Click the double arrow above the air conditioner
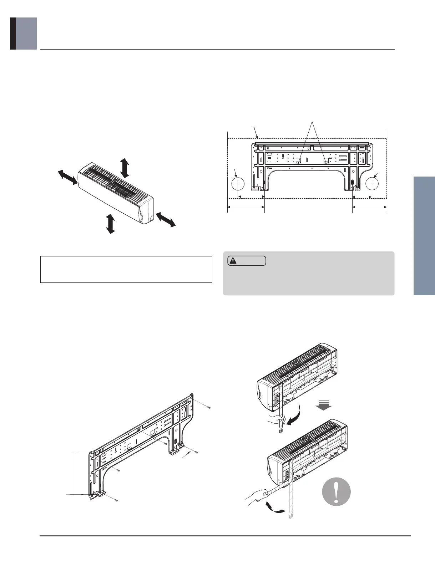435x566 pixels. click(125, 168)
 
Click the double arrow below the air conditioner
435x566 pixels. click(111, 224)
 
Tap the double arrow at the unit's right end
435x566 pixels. click(166, 219)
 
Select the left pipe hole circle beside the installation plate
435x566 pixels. click(238, 184)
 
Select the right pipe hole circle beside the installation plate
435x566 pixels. click(371, 184)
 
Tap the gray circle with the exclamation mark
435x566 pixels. click(336, 491)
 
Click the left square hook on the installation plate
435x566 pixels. click(299, 161)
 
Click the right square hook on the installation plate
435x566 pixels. click(325, 161)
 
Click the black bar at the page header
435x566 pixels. click(13, 34)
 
